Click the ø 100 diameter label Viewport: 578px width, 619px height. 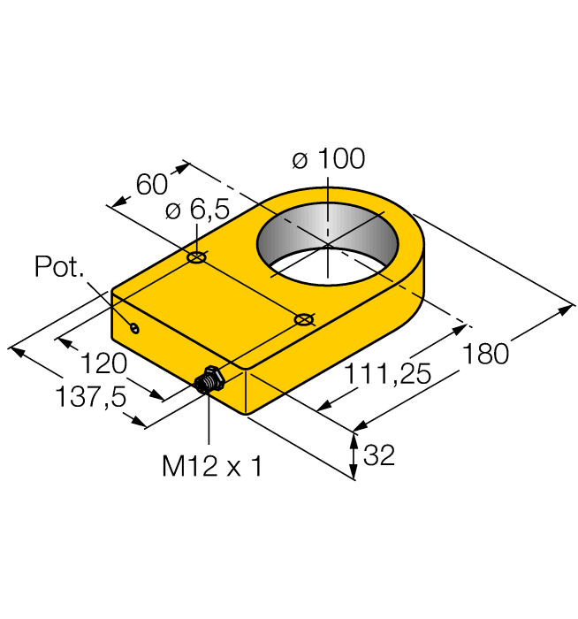coord(328,160)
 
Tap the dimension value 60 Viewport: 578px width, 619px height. coord(151,185)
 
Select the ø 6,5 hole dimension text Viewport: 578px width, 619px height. coord(197,211)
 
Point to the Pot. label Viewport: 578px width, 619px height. coord(59,266)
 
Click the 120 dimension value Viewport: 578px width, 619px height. coord(105,364)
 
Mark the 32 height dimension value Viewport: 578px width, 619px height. coord(379,456)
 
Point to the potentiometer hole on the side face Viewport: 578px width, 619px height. coord(134,329)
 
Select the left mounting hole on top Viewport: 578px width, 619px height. coord(196,258)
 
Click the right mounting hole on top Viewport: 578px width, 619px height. coord(303,318)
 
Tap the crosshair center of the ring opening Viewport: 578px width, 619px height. coord(327,244)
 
